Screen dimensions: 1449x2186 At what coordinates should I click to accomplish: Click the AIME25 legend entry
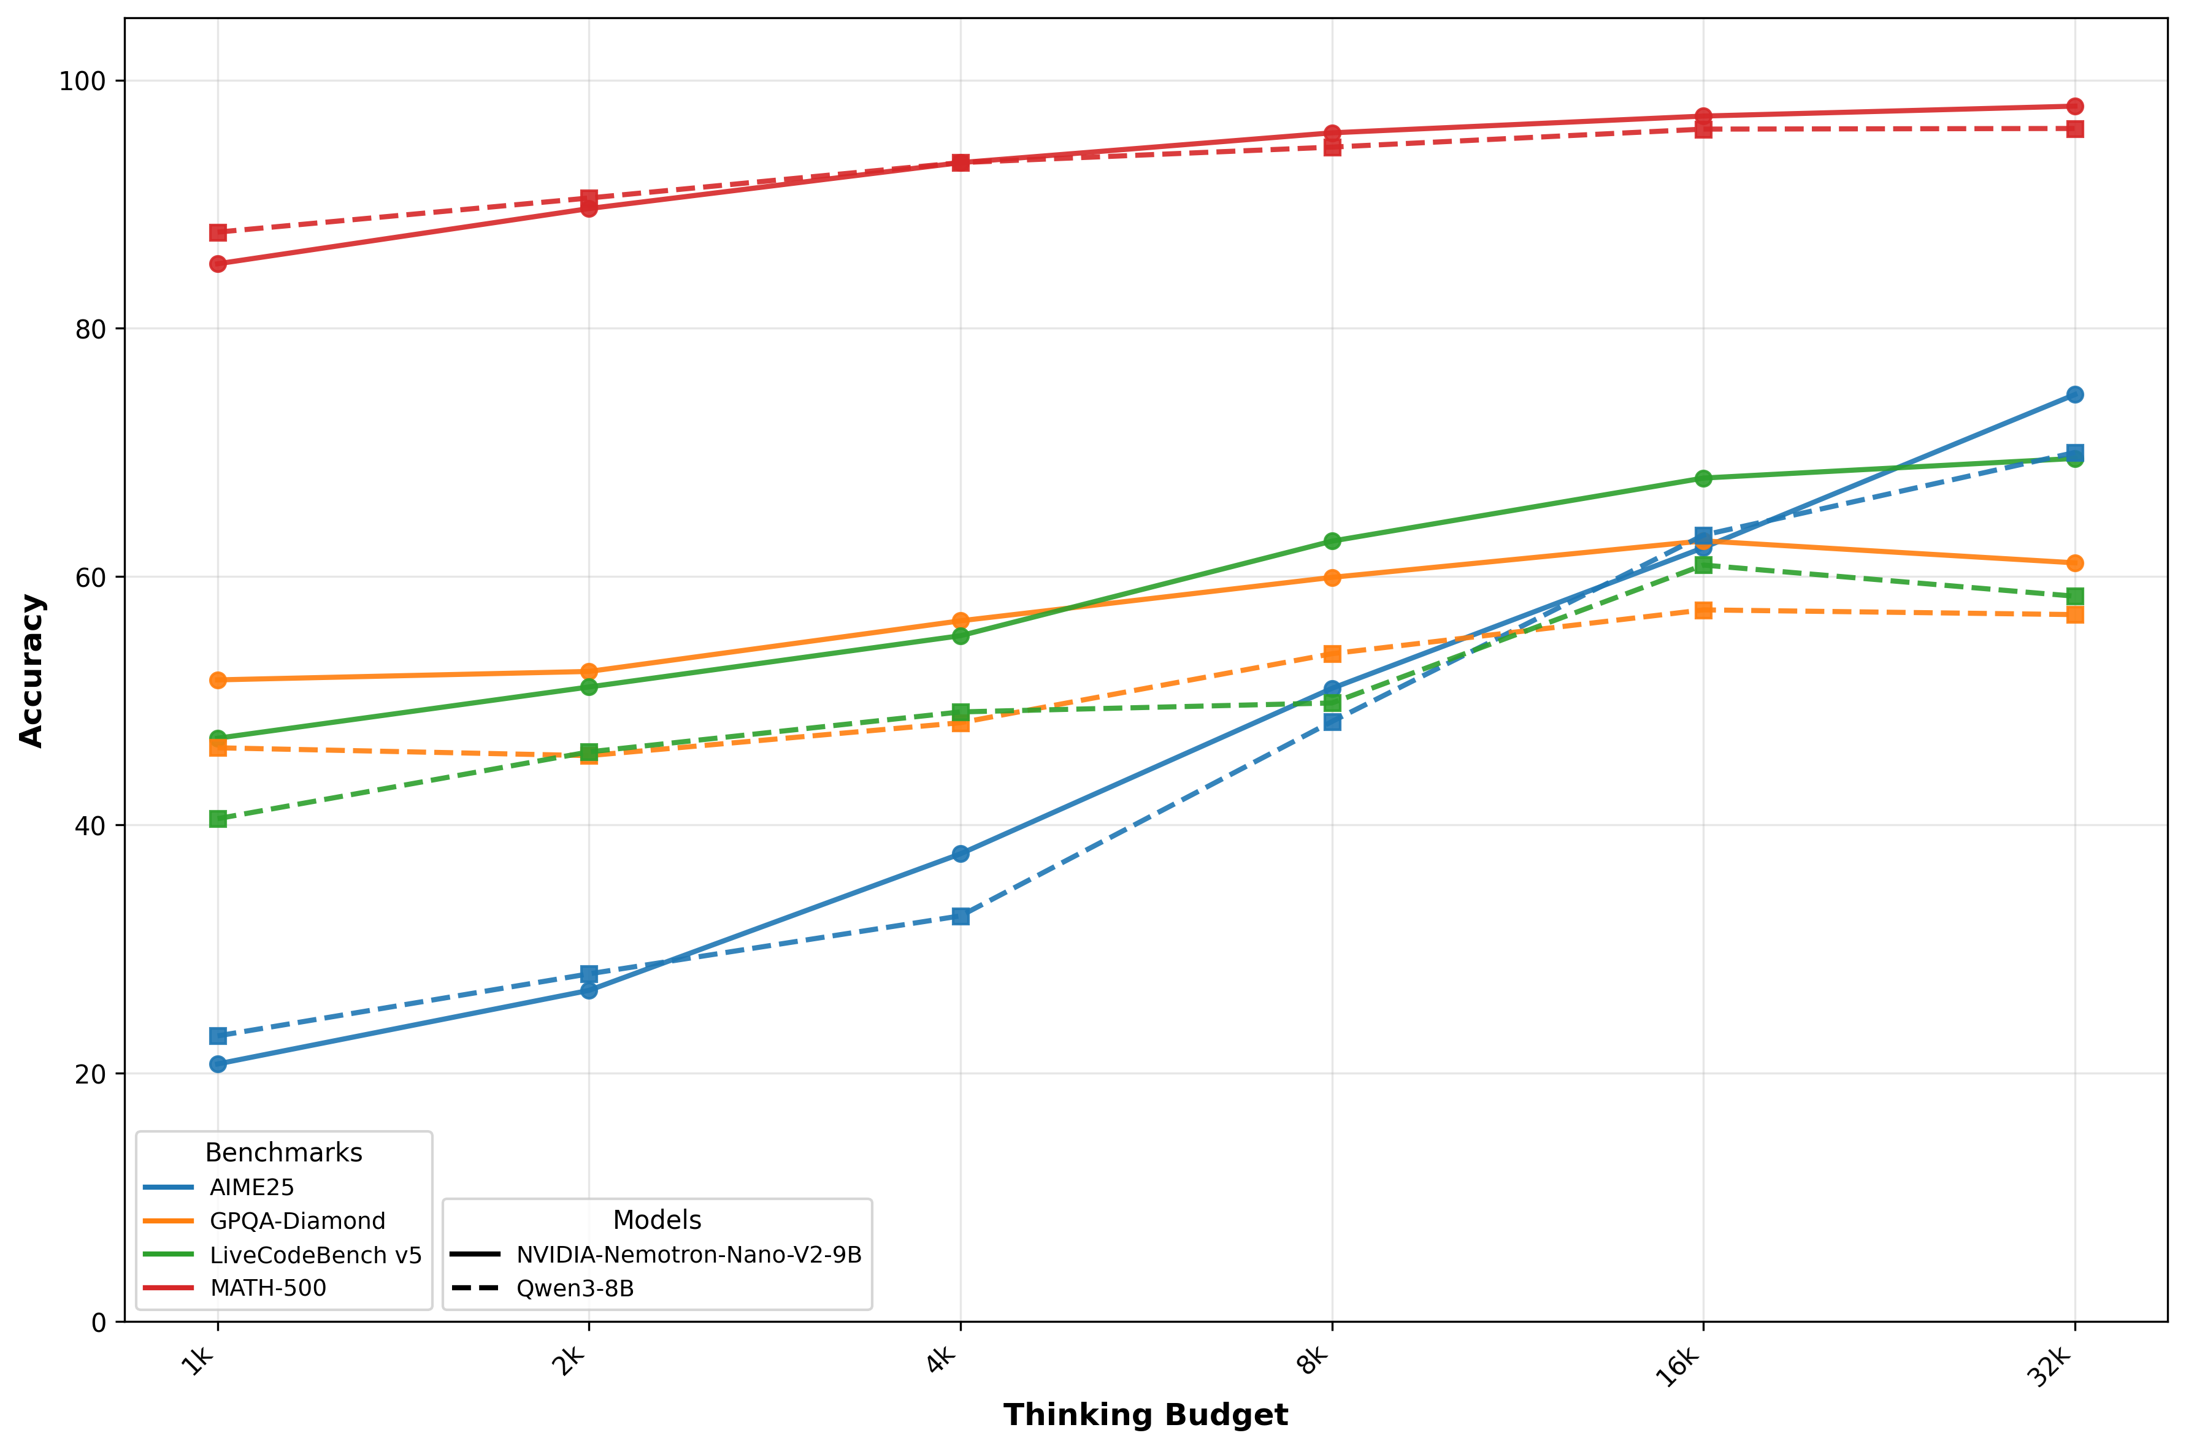pos(251,1188)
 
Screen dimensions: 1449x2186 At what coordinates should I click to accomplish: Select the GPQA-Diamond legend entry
pos(297,1221)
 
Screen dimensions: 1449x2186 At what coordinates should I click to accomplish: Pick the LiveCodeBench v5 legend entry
pos(315,1255)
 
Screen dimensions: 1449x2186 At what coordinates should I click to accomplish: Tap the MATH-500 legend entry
pos(268,1288)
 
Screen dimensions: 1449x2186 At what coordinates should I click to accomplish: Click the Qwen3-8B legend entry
pos(575,1288)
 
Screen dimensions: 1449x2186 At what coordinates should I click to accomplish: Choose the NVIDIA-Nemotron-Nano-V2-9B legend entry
pos(689,1255)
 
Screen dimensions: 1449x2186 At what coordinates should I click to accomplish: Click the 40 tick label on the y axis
pos(90,825)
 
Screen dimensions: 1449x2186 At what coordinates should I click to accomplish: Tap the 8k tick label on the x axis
pos(1313,1361)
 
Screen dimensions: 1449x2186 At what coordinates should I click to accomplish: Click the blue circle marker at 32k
pos(2075,394)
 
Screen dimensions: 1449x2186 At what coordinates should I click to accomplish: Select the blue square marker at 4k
pos(961,916)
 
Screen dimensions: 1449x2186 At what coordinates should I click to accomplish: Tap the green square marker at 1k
pos(218,819)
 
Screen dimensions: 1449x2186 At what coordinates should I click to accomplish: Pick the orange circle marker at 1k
pos(218,680)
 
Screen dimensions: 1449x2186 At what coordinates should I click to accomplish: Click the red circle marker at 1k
pos(218,264)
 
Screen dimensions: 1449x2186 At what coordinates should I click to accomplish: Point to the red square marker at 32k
pos(2075,128)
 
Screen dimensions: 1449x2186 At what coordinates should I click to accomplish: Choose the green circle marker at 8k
pos(1332,541)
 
